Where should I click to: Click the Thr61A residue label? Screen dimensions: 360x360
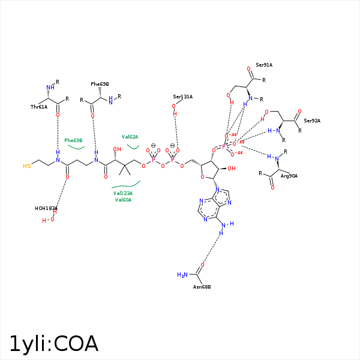click(x=39, y=107)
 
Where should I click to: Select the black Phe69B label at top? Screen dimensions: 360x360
click(x=100, y=84)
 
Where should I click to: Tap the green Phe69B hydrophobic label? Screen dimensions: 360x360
click(x=73, y=140)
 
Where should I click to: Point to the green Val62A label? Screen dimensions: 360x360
click(x=130, y=137)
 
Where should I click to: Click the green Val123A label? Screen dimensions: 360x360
click(x=123, y=193)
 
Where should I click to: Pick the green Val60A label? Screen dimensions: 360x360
click(x=123, y=200)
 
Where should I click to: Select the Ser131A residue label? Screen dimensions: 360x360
click(x=182, y=97)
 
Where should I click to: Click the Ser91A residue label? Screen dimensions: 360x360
click(x=264, y=65)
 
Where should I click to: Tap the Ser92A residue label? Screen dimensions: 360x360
click(x=312, y=121)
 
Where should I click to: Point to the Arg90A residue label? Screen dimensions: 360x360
click(x=289, y=176)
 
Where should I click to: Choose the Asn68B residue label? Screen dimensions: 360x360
click(x=202, y=287)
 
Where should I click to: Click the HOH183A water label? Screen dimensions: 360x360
click(x=46, y=208)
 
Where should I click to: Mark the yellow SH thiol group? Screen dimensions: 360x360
click(x=27, y=165)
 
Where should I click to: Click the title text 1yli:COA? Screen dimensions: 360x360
click(x=53, y=343)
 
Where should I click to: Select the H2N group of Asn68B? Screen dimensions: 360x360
click(x=183, y=275)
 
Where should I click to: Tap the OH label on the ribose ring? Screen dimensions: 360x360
click(x=231, y=169)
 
